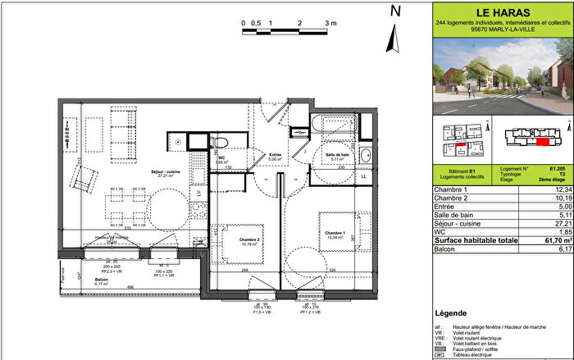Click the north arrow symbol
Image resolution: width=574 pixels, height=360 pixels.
(x=394, y=33)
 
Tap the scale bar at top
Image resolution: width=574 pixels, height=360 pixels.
(x=285, y=31)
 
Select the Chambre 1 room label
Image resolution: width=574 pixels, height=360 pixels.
(x=333, y=233)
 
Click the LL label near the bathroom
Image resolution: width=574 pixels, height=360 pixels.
(x=364, y=175)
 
